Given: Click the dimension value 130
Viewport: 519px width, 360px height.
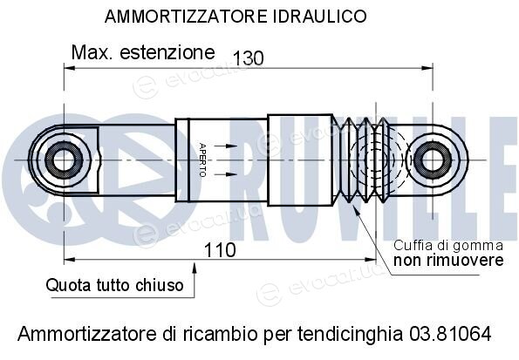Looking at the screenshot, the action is click(249, 58).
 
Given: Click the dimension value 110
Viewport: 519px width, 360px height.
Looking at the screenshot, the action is click(220, 250).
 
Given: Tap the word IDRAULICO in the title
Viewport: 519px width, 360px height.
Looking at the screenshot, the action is click(320, 17).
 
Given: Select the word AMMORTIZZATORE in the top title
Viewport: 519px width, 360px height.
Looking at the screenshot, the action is click(186, 17).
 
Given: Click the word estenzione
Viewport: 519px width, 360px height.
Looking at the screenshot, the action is click(167, 52).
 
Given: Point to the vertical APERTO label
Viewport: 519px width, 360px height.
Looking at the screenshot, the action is click(202, 160).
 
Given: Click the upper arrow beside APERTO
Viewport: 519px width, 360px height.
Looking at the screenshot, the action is click(226, 146).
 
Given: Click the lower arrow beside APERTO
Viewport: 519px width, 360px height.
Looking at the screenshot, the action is click(226, 174).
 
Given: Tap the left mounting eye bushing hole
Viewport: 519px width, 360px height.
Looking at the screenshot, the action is click(64, 160).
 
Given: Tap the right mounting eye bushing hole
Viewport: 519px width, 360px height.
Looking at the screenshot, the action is click(433, 160).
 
